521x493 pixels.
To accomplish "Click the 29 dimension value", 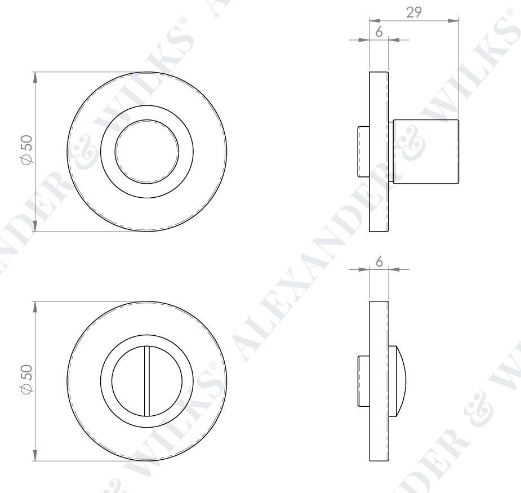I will (414, 12).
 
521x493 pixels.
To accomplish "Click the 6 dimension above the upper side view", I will (379, 32).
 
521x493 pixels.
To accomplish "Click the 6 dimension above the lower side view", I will (379, 261).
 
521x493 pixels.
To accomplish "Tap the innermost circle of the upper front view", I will (147, 151).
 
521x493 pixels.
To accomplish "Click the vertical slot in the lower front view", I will (147, 380).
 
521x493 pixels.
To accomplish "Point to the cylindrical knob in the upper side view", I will (426, 152).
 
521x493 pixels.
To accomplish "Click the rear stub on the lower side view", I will (363, 381).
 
